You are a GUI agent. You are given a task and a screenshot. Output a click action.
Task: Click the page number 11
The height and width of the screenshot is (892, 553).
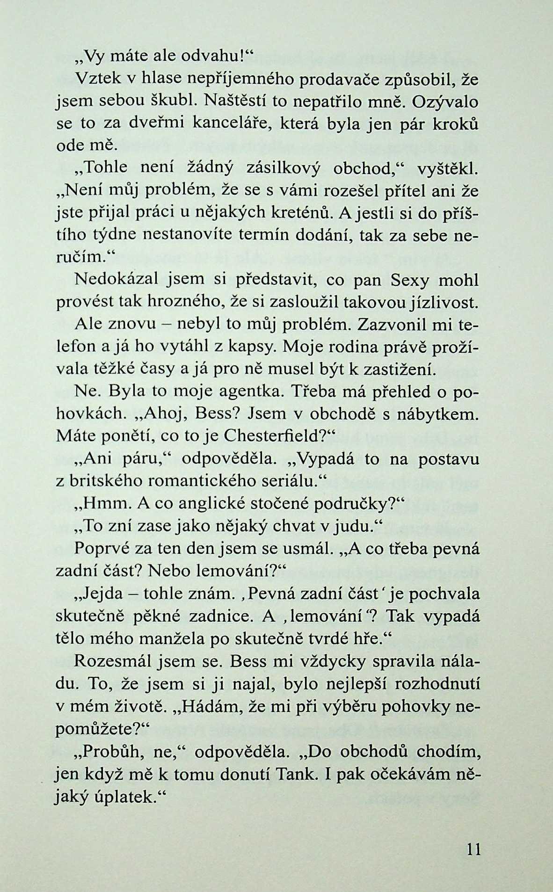(x=473, y=848)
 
